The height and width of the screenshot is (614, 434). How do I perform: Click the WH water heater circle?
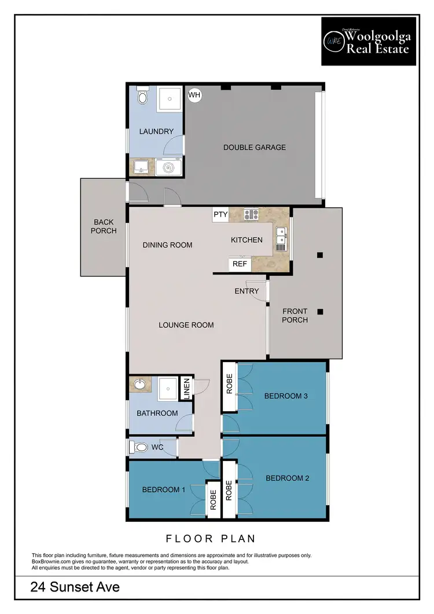point(194,95)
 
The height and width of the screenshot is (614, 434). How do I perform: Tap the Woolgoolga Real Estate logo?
point(369,41)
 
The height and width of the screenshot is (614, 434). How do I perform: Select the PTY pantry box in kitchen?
point(220,214)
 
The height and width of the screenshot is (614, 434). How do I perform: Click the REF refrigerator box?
point(240,264)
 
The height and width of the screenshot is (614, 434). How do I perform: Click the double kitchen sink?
point(281,238)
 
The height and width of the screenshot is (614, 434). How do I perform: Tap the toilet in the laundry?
point(143,96)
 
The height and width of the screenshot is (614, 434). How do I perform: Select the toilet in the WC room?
point(139,448)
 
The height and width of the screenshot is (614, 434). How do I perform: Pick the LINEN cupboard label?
point(186,389)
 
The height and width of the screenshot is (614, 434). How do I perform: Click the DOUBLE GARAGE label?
point(255,147)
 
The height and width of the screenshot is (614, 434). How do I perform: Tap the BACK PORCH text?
point(104,226)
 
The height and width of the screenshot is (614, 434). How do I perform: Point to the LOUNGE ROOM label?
point(186,325)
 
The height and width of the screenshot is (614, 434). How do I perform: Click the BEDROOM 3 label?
point(286,396)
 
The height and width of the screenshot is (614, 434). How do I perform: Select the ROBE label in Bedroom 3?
point(229,386)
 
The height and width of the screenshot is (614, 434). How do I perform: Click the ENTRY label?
point(247,291)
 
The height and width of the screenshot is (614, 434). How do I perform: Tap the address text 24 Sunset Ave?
point(75,587)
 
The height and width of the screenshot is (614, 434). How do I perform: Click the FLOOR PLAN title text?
point(211,539)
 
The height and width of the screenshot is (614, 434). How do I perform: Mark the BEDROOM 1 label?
point(164,489)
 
